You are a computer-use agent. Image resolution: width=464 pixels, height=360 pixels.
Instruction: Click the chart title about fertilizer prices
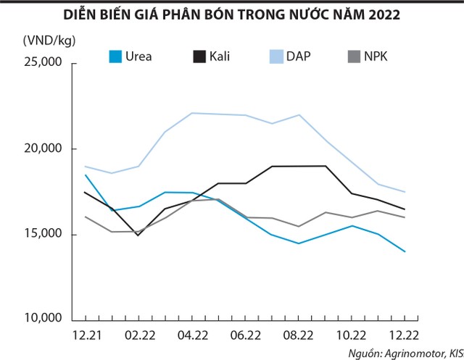231,14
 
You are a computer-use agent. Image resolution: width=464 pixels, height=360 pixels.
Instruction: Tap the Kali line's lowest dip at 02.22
138,235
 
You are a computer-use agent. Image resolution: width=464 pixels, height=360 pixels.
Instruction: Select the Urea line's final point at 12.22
405,251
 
